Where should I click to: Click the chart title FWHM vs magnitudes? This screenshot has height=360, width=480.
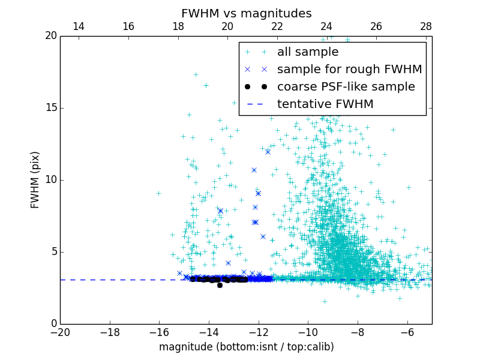click(246, 13)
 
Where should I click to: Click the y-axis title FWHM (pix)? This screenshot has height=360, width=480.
click(35, 179)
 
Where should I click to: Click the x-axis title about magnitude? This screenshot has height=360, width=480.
click(246, 347)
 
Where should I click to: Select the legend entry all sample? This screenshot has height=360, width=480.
click(308, 52)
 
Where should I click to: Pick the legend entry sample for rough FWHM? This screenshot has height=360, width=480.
click(349, 70)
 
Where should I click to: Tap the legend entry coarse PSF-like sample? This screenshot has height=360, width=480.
click(346, 87)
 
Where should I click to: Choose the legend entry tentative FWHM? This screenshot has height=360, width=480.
click(325, 104)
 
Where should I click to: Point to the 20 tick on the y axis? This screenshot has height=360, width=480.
click(50, 36)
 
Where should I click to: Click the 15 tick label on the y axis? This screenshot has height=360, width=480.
click(50, 108)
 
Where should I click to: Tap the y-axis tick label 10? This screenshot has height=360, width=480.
click(50, 180)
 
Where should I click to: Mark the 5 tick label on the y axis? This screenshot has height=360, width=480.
click(53, 252)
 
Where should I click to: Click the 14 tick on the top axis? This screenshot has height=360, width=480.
click(78, 26)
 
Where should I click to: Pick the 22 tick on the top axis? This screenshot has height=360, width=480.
click(277, 26)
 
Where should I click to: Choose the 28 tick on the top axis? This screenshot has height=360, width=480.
click(426, 26)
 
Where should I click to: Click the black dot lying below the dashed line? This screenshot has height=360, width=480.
click(220, 285)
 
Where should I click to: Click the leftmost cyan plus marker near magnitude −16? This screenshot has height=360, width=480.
click(158, 193)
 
